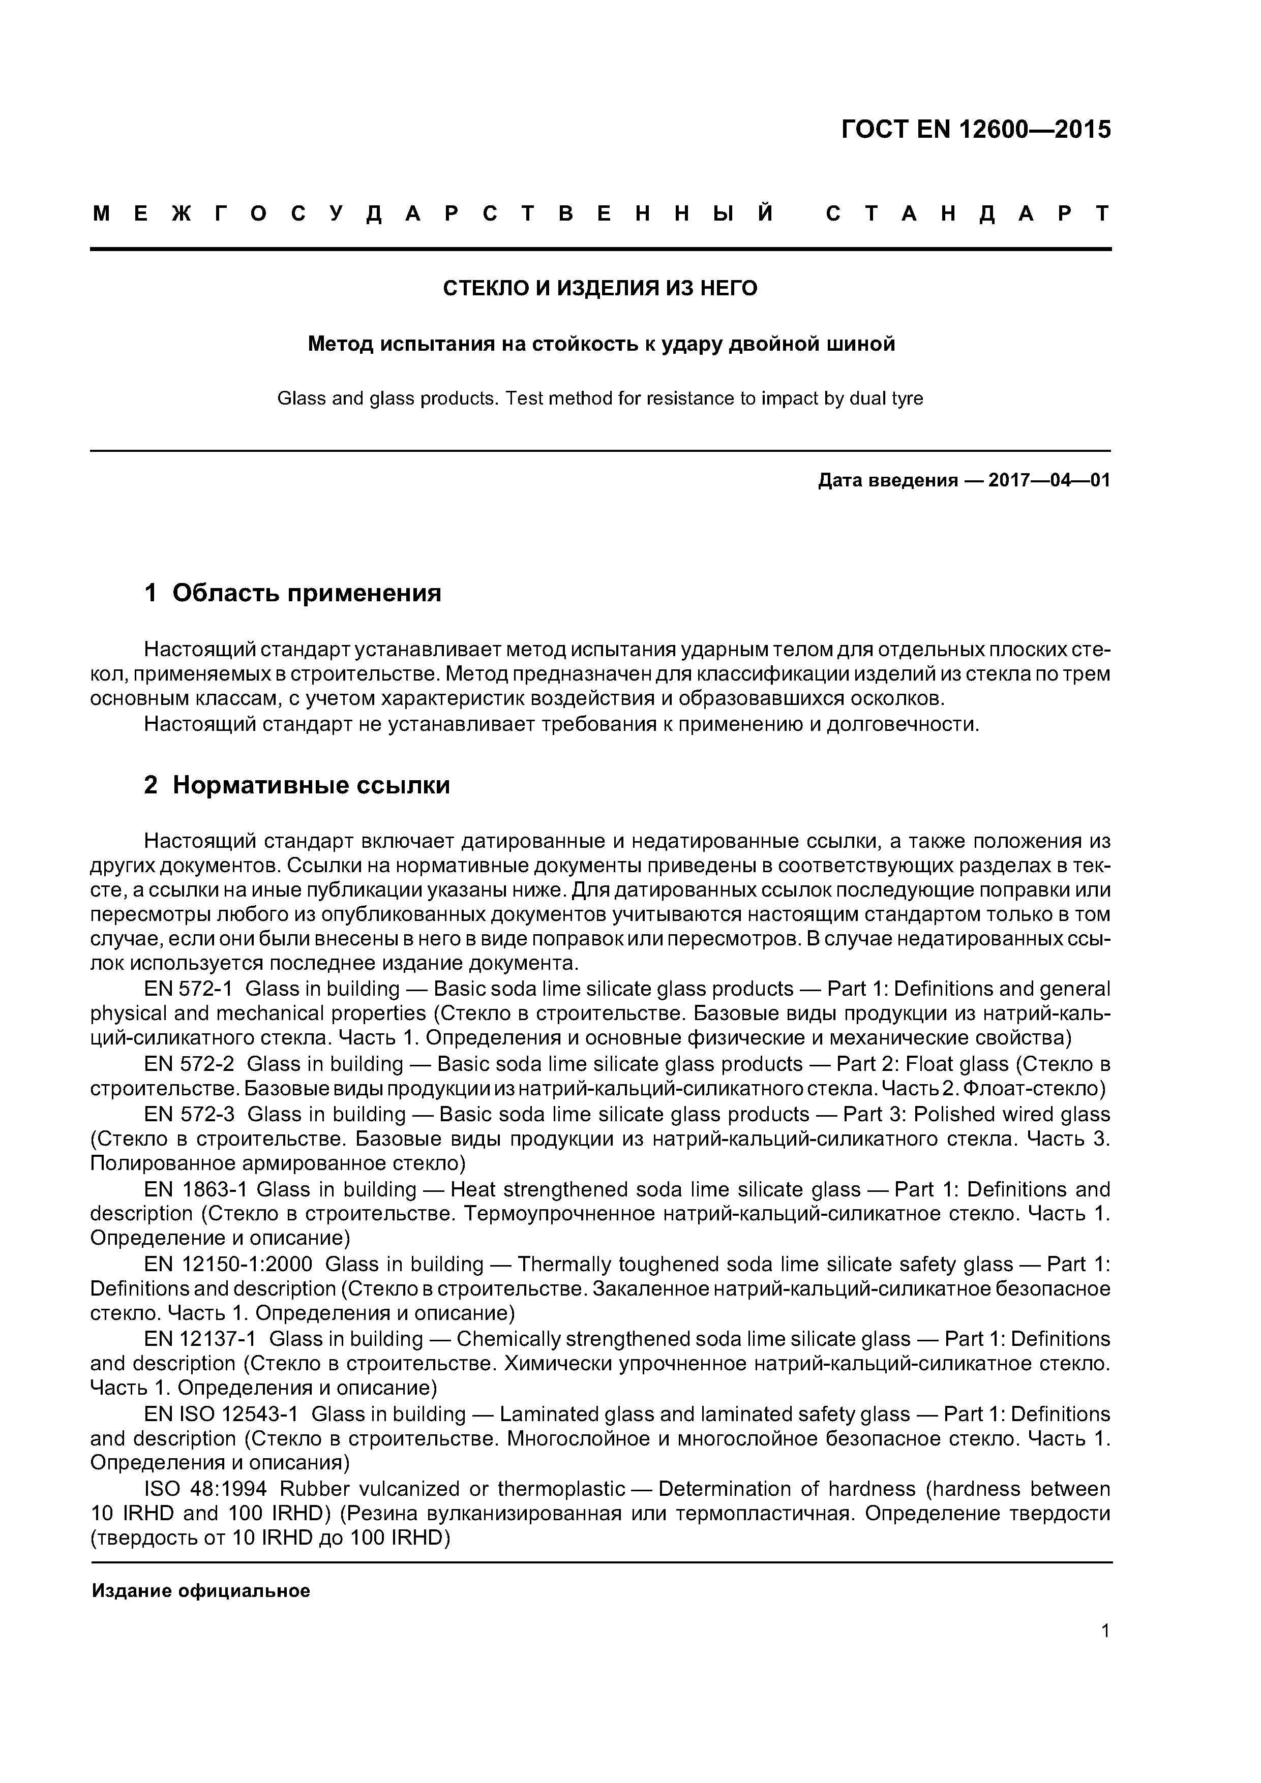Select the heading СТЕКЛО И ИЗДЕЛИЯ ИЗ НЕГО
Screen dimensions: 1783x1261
(x=600, y=289)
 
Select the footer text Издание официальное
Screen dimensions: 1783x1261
(x=200, y=1591)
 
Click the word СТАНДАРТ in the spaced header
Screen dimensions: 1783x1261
(x=967, y=213)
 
